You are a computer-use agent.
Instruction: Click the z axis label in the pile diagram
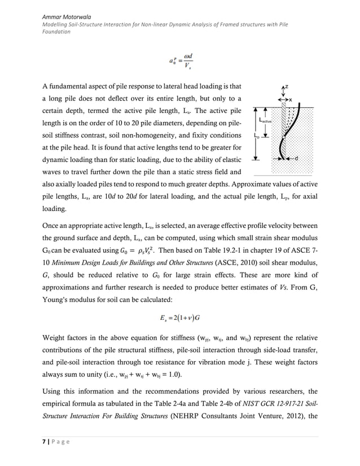point(286,87)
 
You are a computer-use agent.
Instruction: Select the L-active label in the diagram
point(265,120)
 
